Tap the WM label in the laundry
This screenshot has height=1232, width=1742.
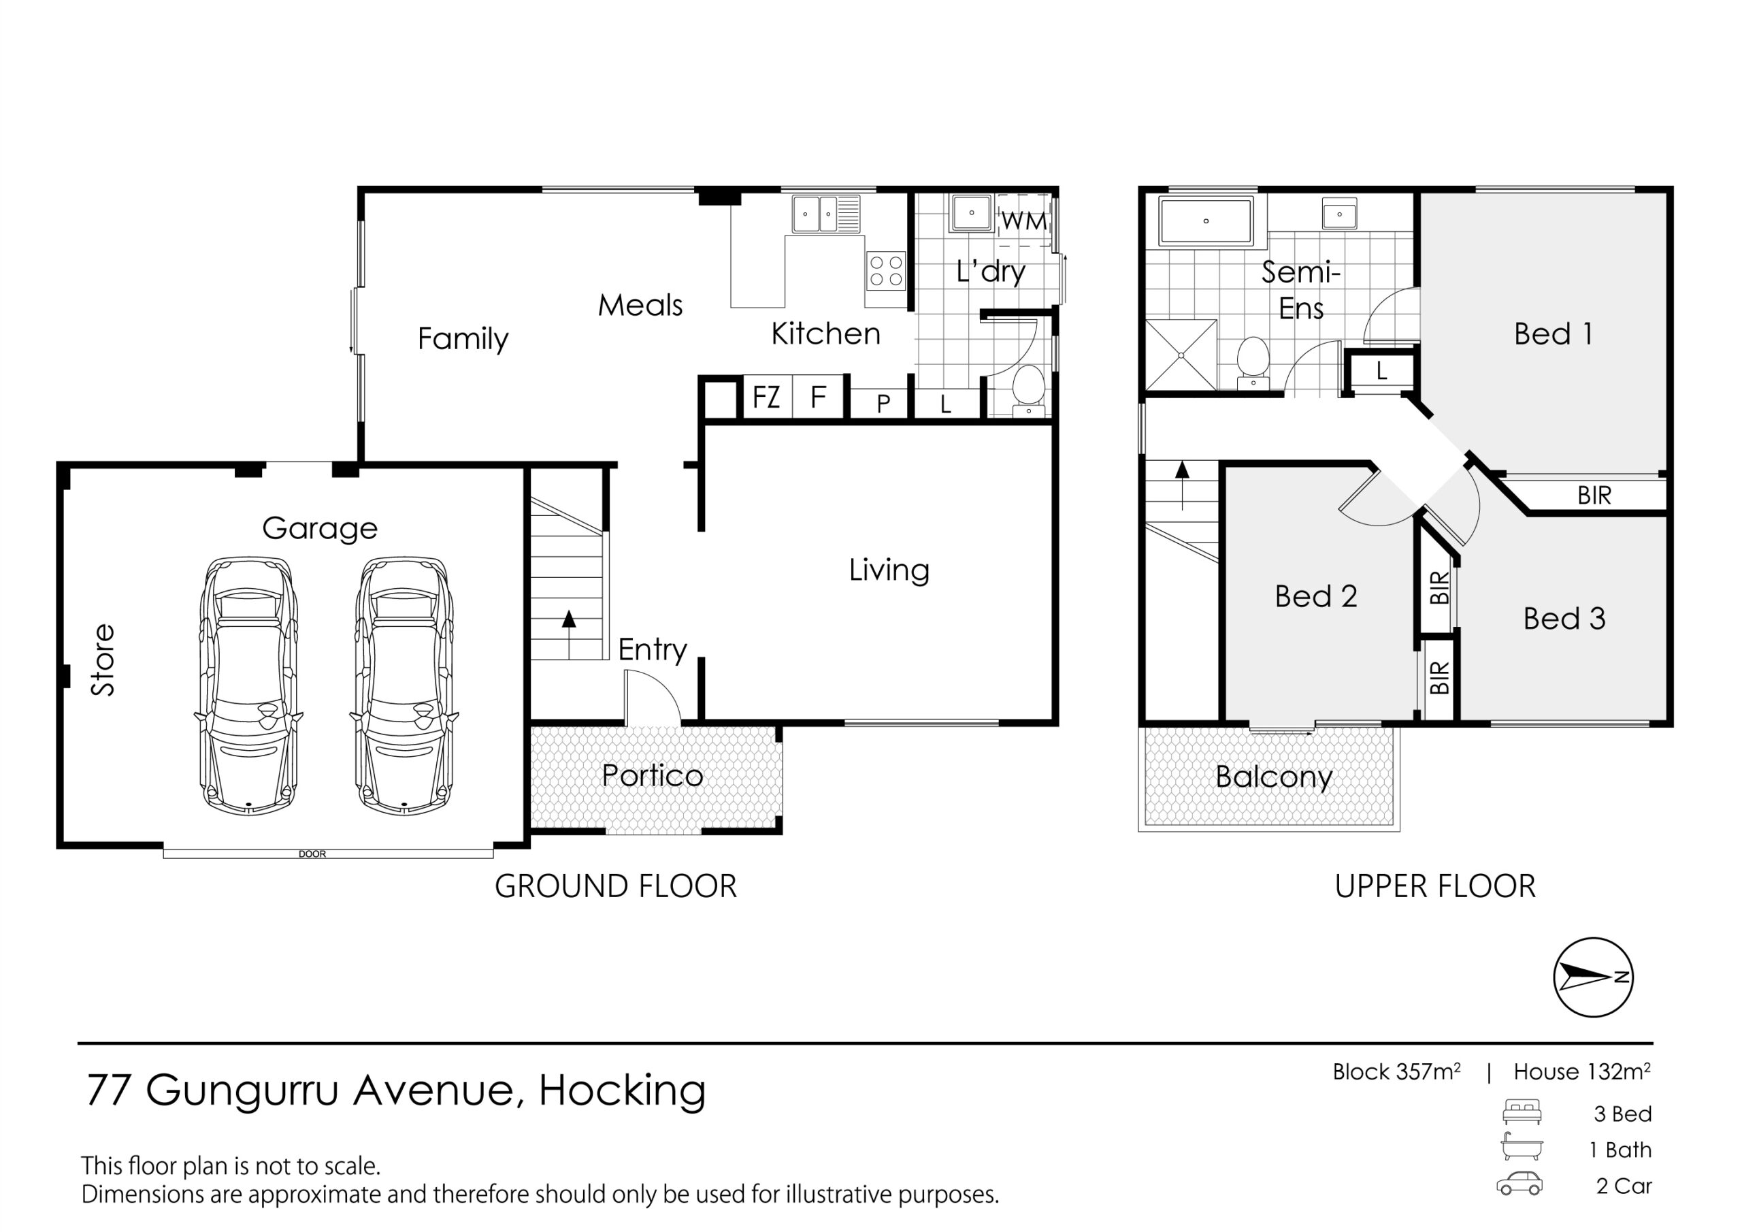1024,222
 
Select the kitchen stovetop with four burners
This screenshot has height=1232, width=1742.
886,271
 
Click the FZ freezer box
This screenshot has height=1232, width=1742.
766,397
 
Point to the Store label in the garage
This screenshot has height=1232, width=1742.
103,660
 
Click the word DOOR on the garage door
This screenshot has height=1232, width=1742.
312,854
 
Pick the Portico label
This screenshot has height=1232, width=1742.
653,775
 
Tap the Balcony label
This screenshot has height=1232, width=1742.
1274,777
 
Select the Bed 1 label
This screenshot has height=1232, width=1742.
1553,334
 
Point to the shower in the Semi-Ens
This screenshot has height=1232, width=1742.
1181,355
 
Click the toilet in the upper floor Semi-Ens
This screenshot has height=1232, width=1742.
1253,363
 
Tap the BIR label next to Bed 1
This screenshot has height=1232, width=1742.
1594,496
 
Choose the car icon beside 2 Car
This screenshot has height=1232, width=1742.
1519,1185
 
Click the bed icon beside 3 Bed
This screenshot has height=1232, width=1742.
1522,1112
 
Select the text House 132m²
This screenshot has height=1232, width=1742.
1582,1072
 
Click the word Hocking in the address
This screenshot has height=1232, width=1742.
622,1092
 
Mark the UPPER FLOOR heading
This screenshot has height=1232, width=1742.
1434,887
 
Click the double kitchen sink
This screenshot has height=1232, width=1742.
826,214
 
